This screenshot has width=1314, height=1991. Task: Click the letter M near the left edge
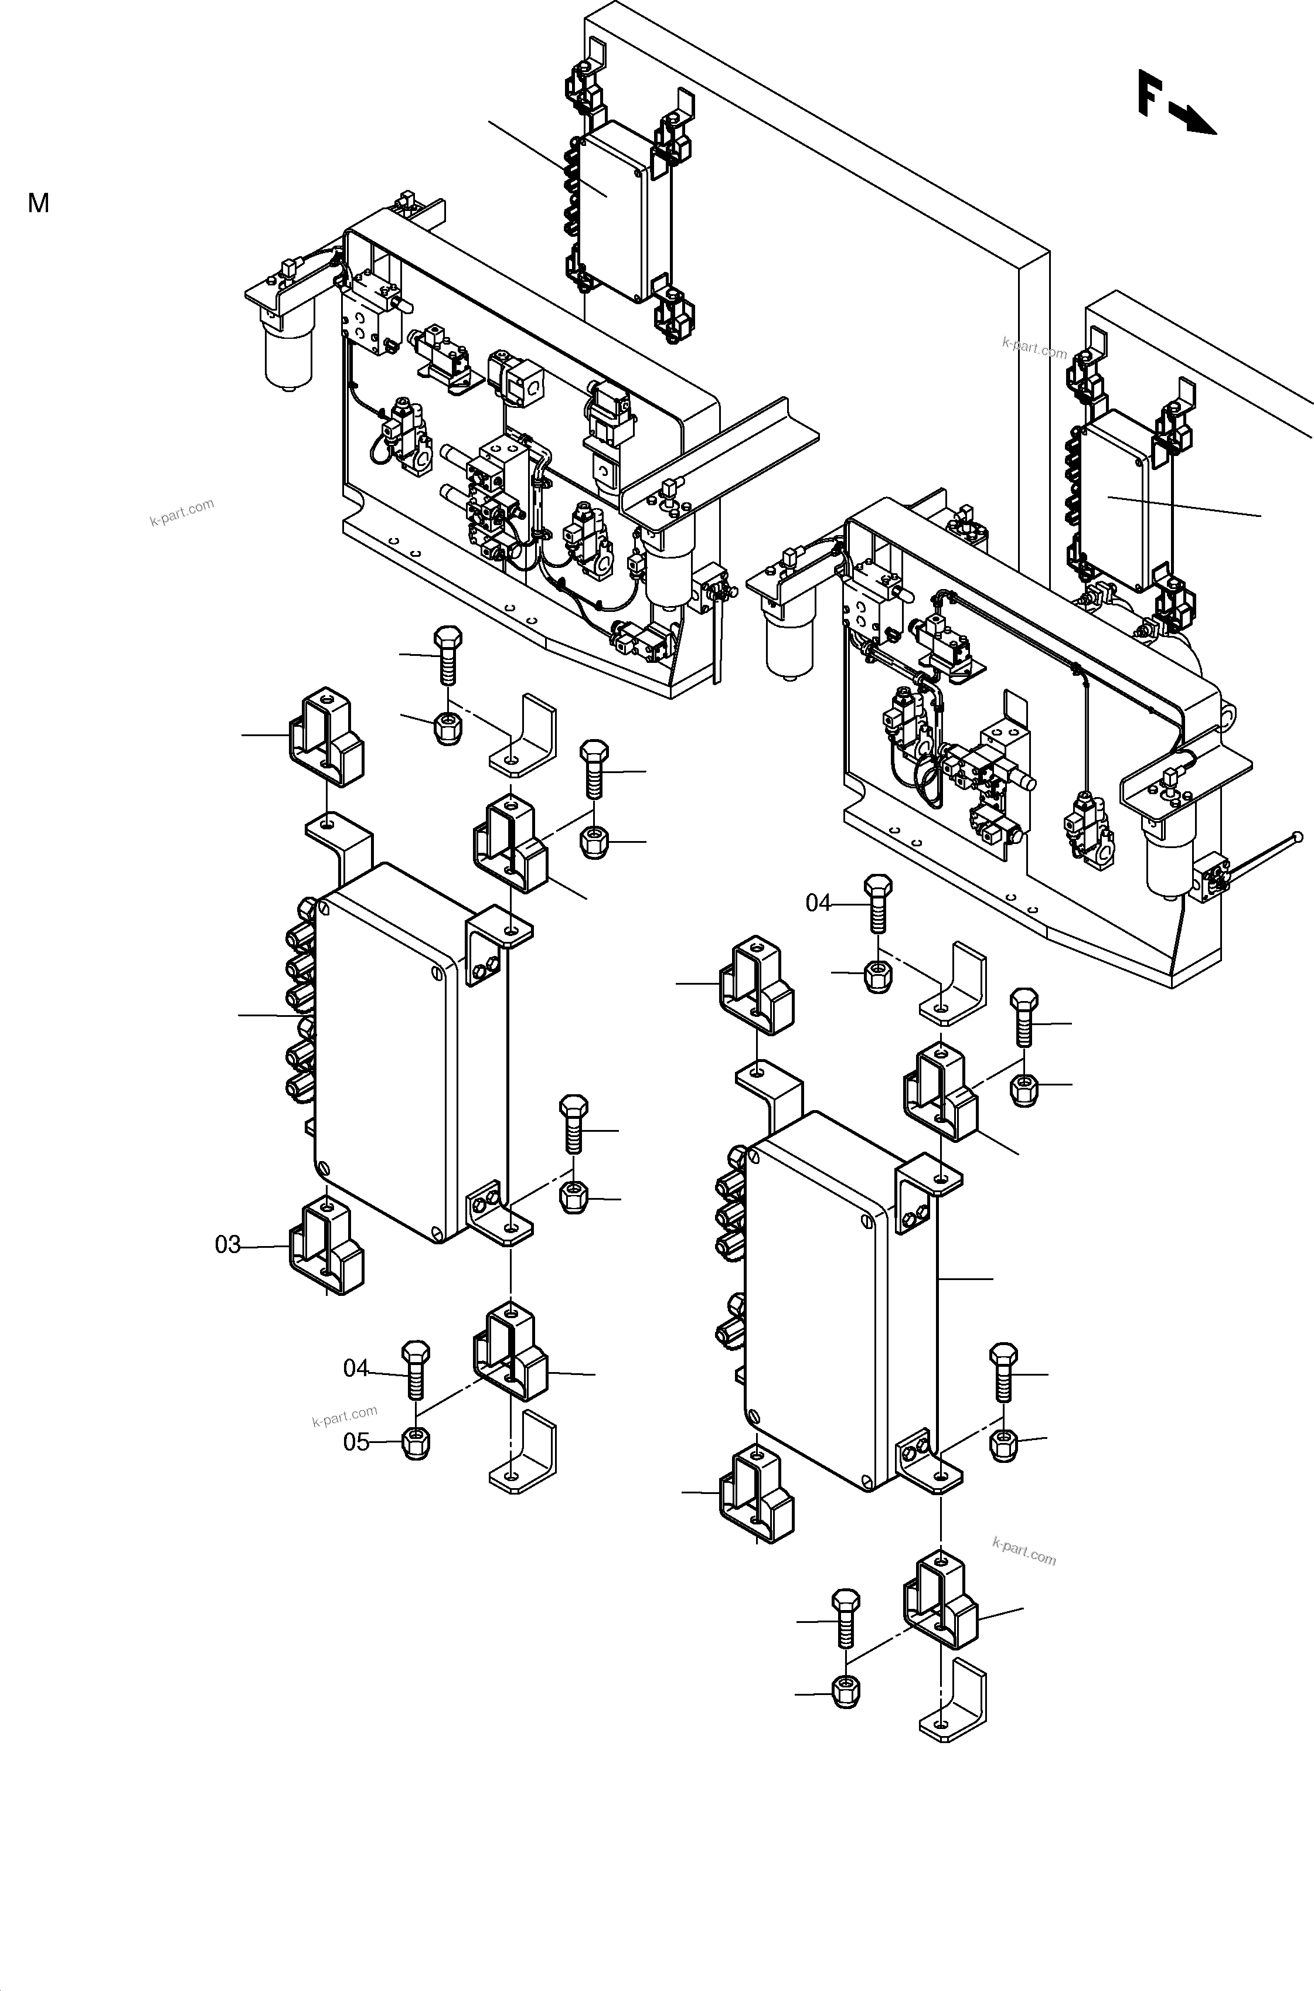point(39,203)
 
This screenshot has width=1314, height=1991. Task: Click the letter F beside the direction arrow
point(1150,93)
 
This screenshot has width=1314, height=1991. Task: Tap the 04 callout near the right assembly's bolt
point(818,903)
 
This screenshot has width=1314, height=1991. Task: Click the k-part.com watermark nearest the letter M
point(182,512)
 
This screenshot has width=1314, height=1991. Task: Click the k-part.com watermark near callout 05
point(345,1416)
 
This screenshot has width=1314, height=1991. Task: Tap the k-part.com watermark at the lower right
point(1023,1551)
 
